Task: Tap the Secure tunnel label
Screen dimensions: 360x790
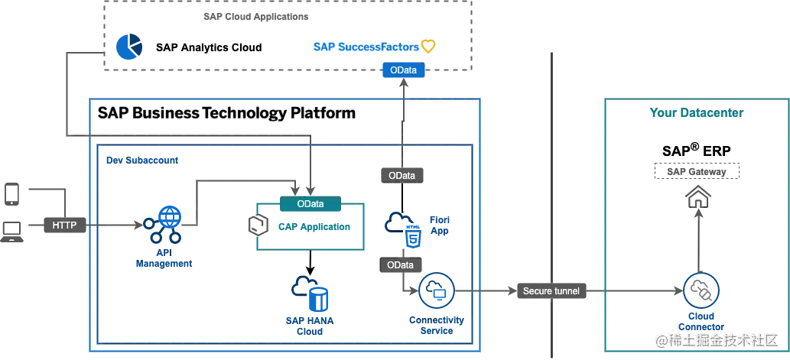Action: pos(551,291)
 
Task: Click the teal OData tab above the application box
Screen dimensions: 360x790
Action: pos(310,204)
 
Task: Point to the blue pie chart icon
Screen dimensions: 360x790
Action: pos(129,47)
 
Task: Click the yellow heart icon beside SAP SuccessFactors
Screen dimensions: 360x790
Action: pos(428,47)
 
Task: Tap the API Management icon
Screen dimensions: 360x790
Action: pos(163,222)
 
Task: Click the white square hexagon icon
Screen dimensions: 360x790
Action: pos(258,224)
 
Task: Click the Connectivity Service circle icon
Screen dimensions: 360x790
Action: pos(437,292)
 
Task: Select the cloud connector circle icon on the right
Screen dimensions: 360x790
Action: pos(698,290)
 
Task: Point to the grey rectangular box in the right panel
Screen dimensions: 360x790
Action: pos(697,170)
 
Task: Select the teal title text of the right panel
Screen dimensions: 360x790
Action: pos(697,115)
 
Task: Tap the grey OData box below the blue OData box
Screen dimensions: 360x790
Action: pos(402,175)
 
